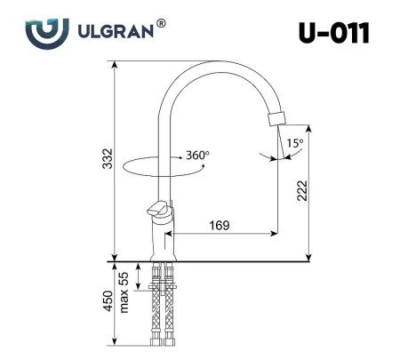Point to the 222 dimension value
click(x=302, y=191)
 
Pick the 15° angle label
click(x=293, y=142)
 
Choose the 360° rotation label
click(x=197, y=156)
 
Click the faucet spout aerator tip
click(x=278, y=116)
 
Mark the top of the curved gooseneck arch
click(x=213, y=61)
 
